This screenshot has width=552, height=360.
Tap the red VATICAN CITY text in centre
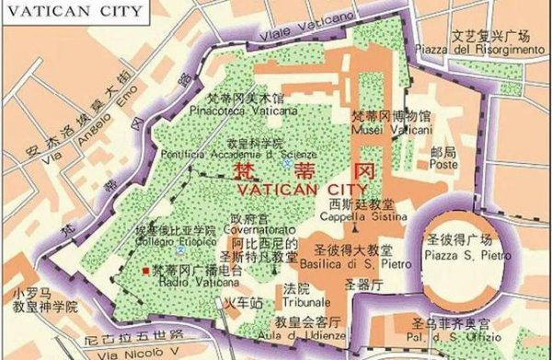(x=282, y=187)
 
